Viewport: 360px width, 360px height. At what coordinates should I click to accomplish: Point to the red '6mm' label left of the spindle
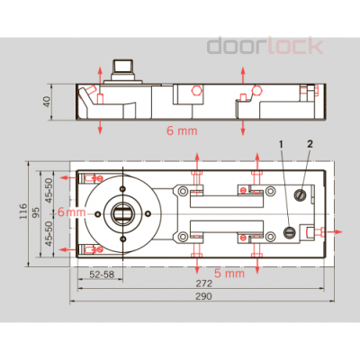coord(70,212)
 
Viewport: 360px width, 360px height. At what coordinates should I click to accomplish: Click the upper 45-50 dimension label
coord(50,190)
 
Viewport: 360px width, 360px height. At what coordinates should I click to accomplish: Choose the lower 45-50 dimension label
coord(50,235)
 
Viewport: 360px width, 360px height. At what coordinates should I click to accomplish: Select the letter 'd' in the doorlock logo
coord(216,46)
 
